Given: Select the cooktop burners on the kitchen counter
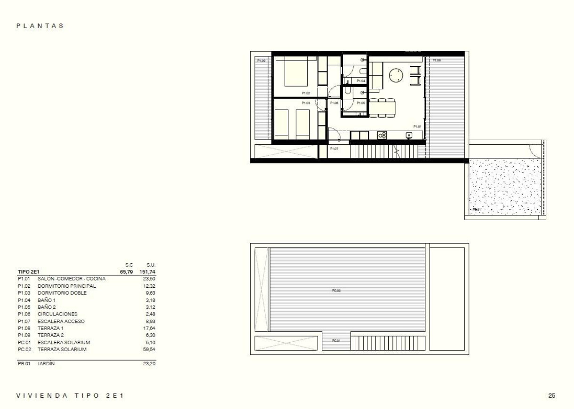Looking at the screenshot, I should tap(382, 135).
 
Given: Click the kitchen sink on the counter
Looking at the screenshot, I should tap(409, 135).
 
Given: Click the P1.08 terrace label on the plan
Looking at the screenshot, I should tap(436, 60).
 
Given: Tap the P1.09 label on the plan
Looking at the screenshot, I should tap(261, 61).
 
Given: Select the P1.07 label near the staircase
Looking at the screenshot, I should tap(334, 149).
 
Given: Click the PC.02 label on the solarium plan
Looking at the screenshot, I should tap(335, 291).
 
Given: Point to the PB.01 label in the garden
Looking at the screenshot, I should tap(477, 209).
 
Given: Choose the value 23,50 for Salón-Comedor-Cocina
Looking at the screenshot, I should tap(149, 279).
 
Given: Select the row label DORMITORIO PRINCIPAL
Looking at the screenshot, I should tap(67, 286).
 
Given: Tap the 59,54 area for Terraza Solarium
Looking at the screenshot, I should tap(149, 350).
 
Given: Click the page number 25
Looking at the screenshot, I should tap(552, 396).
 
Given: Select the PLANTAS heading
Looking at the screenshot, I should tap(40, 26).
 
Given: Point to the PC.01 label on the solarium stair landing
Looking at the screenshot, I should tap(336, 340).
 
